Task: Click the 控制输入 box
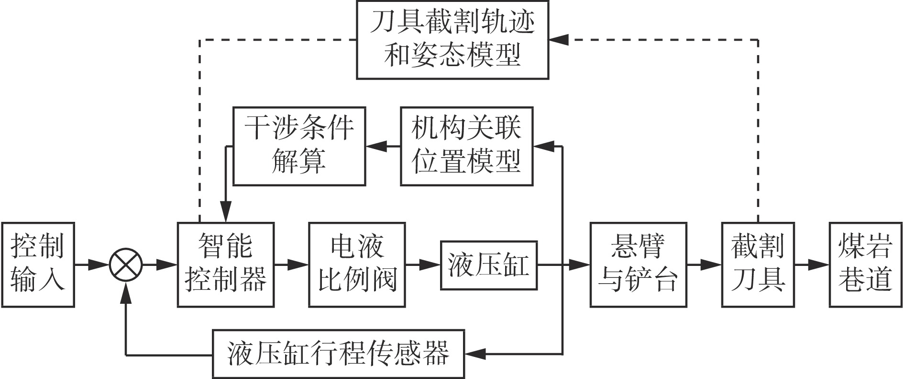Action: (38, 264)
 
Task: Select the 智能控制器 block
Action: (226, 264)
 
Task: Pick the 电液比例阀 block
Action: (357, 264)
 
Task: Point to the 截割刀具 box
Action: (758, 264)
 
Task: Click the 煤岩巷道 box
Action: (865, 264)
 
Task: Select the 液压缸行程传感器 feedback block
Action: (339, 354)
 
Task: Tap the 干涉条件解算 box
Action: (299, 146)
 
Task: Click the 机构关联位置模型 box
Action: (466, 146)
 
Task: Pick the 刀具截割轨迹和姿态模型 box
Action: (452, 40)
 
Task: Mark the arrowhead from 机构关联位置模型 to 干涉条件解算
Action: (376, 146)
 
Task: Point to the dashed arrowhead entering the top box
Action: (559, 40)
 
